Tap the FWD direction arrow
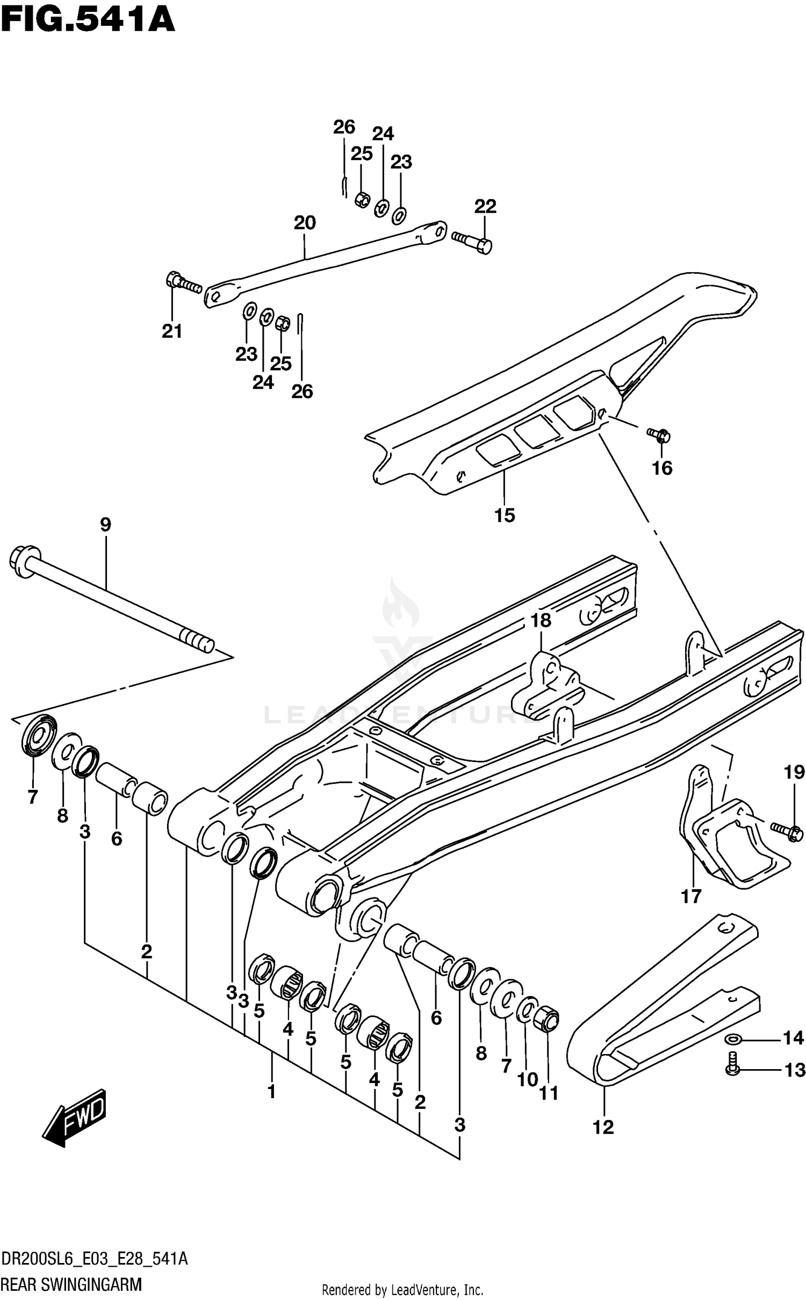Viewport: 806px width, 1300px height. pyautogui.click(x=75, y=1118)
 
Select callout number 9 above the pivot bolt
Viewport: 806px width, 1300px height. pyautogui.click(x=105, y=525)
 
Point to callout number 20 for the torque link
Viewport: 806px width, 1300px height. pyautogui.click(x=305, y=222)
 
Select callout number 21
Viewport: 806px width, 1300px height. pyautogui.click(x=172, y=331)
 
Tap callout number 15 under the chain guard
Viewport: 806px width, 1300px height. pyautogui.click(x=505, y=515)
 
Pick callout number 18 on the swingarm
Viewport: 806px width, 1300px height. pyautogui.click(x=541, y=620)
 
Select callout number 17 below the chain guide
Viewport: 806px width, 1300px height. pyautogui.click(x=692, y=896)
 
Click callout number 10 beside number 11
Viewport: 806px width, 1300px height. pyautogui.click(x=527, y=1079)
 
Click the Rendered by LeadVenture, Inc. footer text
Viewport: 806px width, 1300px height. pyautogui.click(x=402, y=1286)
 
